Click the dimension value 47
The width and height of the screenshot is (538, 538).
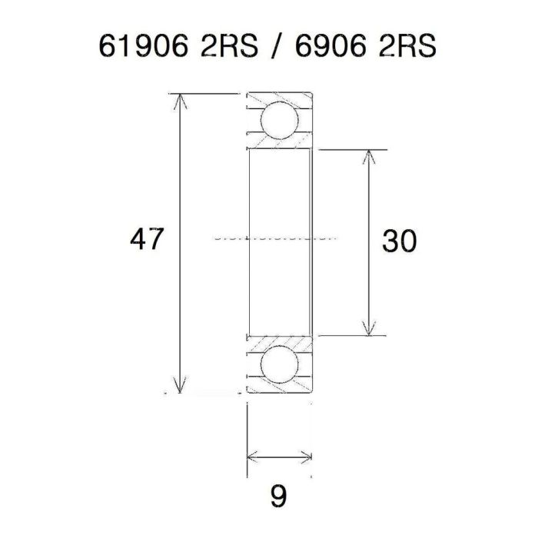147,241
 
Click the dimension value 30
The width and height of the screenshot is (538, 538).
399,241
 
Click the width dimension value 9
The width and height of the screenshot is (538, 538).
279,496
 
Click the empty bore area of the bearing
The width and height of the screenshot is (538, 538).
278,200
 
